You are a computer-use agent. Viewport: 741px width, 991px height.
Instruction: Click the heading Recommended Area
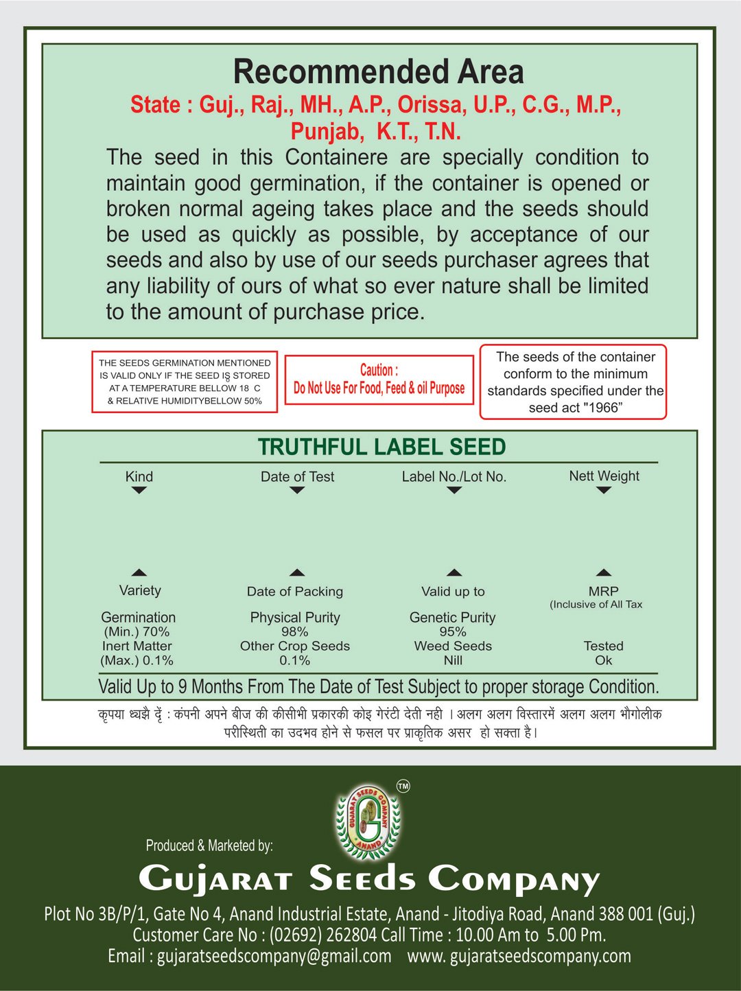click(x=378, y=72)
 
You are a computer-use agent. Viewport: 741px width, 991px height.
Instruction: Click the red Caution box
click(x=379, y=380)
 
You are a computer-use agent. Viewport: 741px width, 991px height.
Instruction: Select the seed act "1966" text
click(x=575, y=408)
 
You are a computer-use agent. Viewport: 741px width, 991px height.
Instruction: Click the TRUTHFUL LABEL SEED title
click(x=381, y=447)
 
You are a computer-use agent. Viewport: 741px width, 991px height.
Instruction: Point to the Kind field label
click(x=139, y=476)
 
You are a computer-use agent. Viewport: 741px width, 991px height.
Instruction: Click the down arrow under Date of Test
click(x=296, y=490)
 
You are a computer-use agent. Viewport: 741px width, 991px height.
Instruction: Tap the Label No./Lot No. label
click(x=454, y=476)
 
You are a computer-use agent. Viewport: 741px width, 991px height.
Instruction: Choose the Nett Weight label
click(x=604, y=476)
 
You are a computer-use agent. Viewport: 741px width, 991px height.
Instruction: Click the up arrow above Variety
click(x=139, y=572)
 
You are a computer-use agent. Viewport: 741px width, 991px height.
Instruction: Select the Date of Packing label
click(x=295, y=592)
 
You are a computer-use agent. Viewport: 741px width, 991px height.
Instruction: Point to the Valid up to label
click(x=453, y=592)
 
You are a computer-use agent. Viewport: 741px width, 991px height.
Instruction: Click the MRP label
click(x=604, y=591)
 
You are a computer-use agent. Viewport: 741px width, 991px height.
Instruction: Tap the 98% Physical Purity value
click(x=294, y=631)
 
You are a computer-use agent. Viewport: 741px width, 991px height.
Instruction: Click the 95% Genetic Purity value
click(x=453, y=631)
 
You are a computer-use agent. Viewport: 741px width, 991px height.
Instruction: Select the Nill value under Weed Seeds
click(x=453, y=660)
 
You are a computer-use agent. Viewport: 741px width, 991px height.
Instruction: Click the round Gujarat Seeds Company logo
click(x=368, y=821)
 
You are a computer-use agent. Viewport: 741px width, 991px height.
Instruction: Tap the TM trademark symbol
click(x=403, y=786)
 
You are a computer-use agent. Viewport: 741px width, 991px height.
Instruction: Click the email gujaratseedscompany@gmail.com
click(x=274, y=956)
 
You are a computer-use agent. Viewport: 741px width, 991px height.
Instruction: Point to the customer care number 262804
click(x=351, y=935)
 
